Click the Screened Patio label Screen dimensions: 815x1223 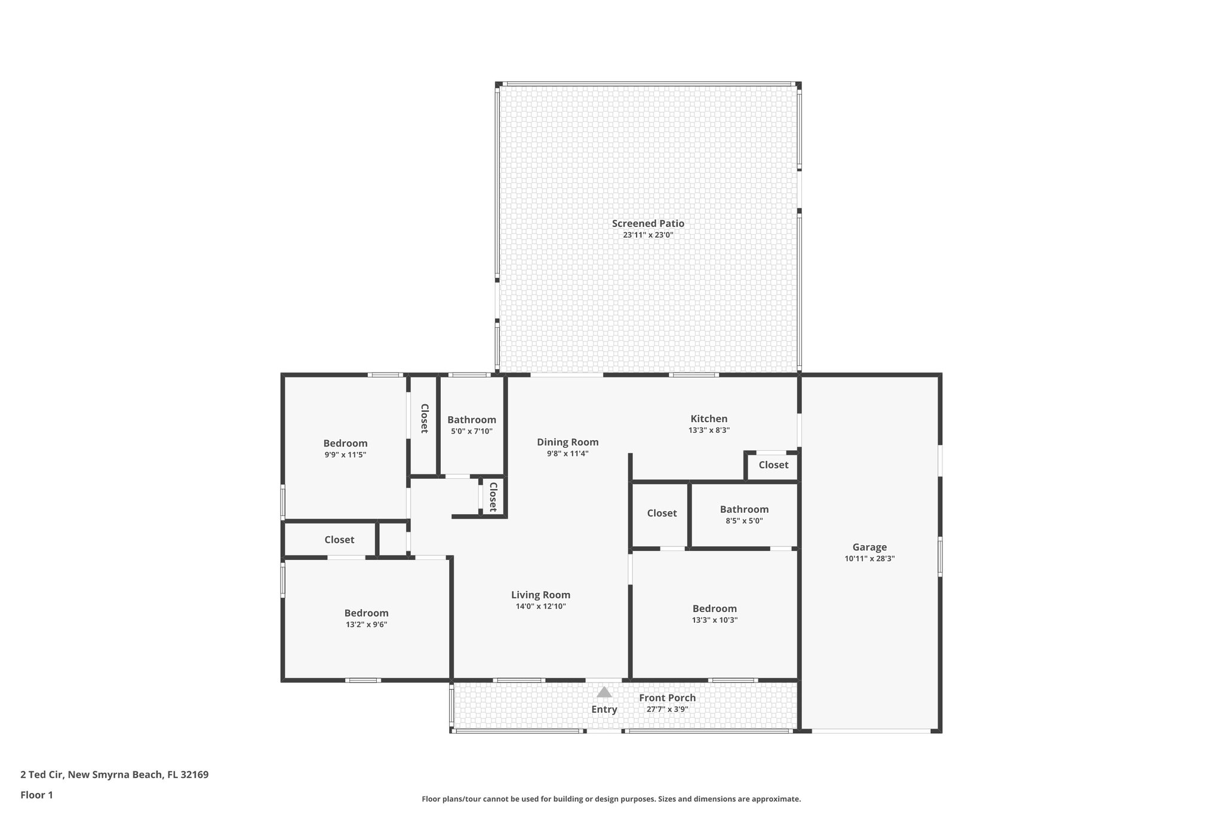pyautogui.click(x=648, y=223)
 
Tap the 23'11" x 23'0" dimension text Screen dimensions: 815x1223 pyautogui.click(x=648, y=235)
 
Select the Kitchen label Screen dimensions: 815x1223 pyautogui.click(x=709, y=419)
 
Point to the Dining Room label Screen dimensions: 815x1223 pyautogui.click(x=567, y=442)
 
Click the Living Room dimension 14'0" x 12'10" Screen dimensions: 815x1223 pyautogui.click(x=540, y=606)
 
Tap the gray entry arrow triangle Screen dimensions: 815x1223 pyautogui.click(x=604, y=693)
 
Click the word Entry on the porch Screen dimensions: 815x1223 pyautogui.click(x=604, y=709)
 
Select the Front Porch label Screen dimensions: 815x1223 pyautogui.click(x=667, y=697)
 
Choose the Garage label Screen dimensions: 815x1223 pyautogui.click(x=869, y=547)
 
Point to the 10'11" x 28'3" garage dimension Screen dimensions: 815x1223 pyautogui.click(x=869, y=559)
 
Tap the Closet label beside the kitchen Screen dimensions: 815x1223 pyautogui.click(x=773, y=465)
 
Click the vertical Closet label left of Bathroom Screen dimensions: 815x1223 pyautogui.click(x=424, y=418)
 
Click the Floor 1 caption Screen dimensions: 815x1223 pyautogui.click(x=36, y=795)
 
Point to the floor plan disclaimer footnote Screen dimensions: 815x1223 pyautogui.click(x=611, y=799)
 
